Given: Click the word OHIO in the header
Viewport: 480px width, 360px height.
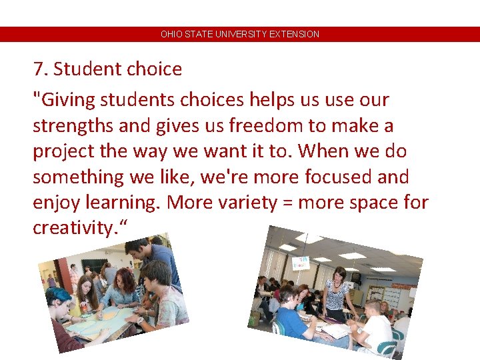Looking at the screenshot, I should pos(171,34).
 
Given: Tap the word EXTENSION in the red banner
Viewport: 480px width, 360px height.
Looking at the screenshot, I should pos(294,34).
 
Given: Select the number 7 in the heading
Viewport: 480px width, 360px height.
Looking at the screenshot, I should pos(38,69).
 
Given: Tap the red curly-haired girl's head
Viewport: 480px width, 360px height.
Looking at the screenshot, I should pos(125,278).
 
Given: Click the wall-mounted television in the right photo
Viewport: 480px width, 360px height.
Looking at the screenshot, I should pos(356,277).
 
